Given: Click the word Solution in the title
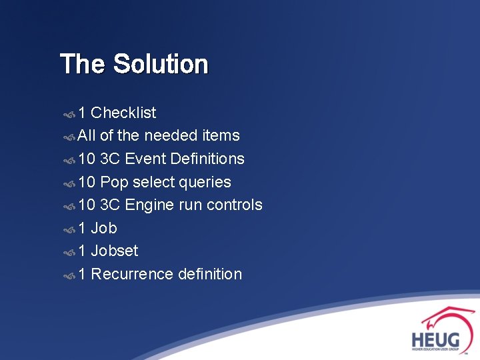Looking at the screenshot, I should click(161, 65).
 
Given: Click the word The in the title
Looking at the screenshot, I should click(83, 65).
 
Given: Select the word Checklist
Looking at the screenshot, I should click(123, 113).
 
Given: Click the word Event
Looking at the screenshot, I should click(145, 159).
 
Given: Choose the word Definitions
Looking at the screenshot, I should click(207, 159).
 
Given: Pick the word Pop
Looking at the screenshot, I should click(114, 182).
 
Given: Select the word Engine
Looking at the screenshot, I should click(149, 205).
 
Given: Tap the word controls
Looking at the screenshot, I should click(234, 205).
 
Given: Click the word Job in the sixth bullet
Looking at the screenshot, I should click(103, 228).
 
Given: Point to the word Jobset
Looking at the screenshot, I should click(114, 251).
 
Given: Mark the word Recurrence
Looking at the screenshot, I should click(131, 274).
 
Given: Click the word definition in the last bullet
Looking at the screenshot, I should click(209, 274).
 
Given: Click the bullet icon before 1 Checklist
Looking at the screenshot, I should click(69, 113).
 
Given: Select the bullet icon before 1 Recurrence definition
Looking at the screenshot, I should click(69, 275).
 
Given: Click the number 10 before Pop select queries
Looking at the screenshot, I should click(87, 182).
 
